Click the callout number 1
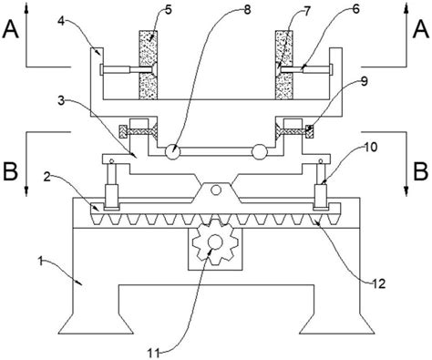click(40, 261)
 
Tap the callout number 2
click(46, 177)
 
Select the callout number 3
click(61, 101)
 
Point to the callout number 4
click(61, 22)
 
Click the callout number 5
click(169, 10)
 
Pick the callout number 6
click(355, 9)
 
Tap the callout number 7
click(307, 11)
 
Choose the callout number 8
click(247, 10)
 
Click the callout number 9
click(365, 81)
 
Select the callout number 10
click(371, 147)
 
